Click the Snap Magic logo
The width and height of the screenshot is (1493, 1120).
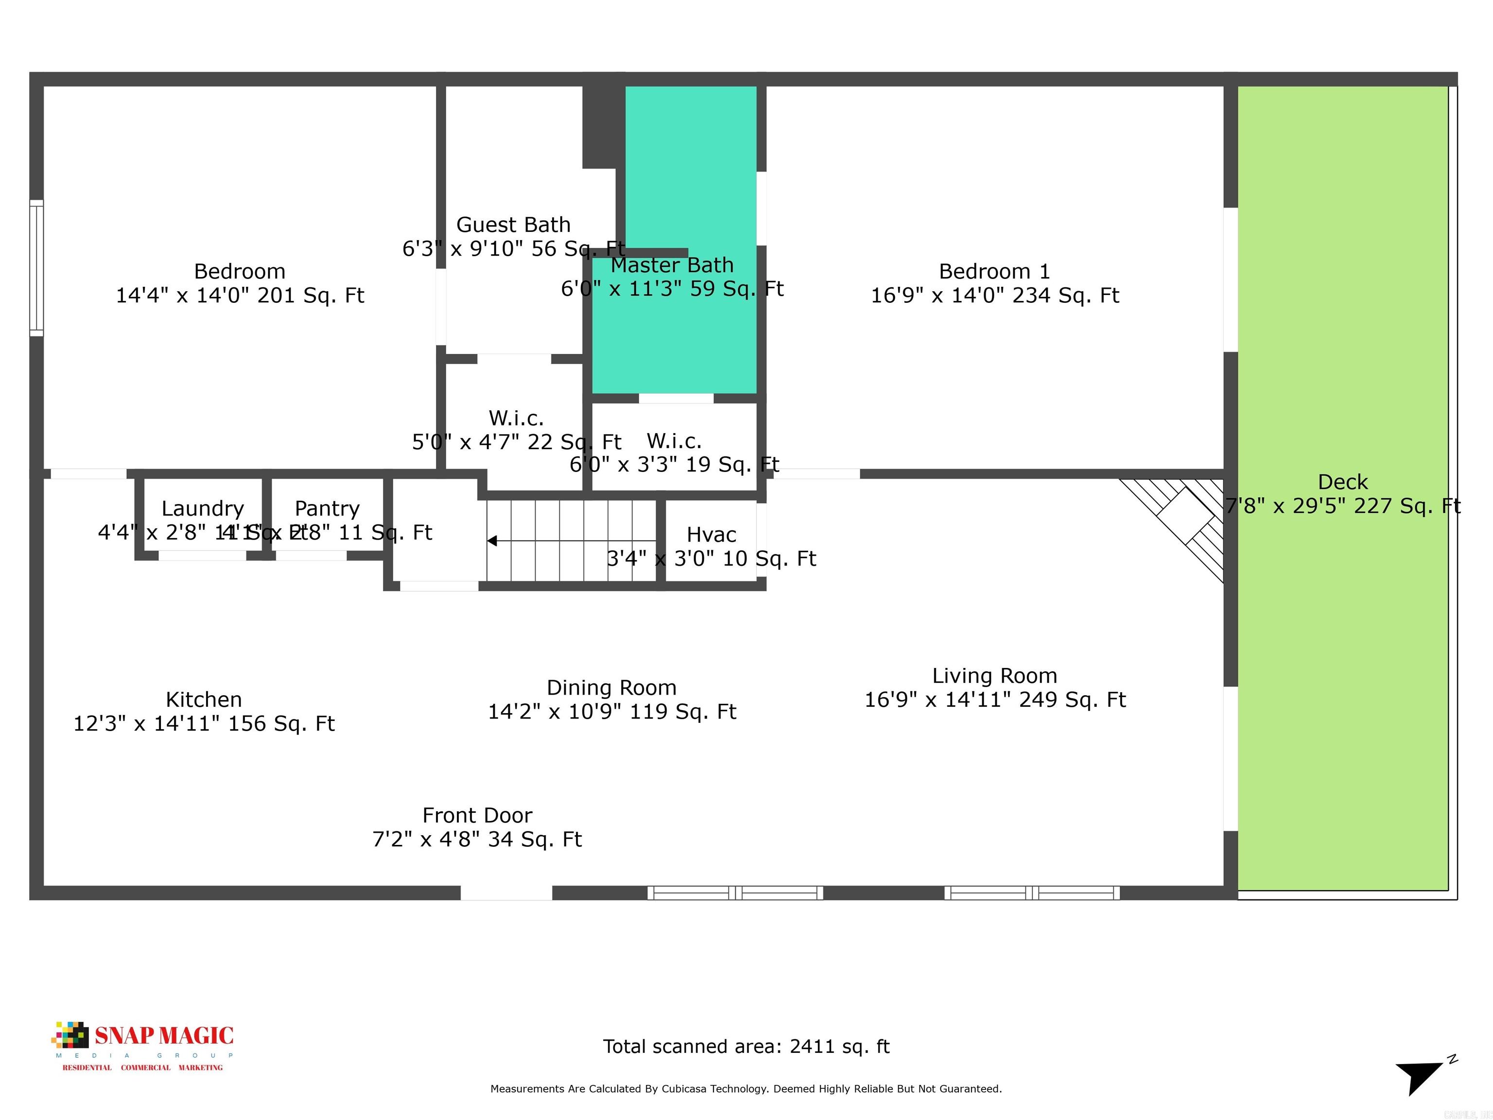click(143, 1046)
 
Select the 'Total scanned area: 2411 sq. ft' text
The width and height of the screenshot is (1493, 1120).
click(746, 1047)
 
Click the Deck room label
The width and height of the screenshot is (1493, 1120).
click(1342, 482)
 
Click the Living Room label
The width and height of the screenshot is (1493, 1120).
click(994, 676)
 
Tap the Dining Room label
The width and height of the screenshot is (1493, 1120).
click(611, 687)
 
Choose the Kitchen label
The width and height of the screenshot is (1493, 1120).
click(203, 700)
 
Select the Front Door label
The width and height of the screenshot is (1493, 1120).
click(477, 816)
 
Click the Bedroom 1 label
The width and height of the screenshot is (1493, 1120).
click(994, 271)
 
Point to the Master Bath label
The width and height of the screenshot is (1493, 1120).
click(672, 265)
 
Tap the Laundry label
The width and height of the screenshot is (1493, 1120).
click(203, 508)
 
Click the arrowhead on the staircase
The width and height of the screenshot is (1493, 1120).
click(492, 541)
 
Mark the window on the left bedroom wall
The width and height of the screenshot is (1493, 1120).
click(36, 268)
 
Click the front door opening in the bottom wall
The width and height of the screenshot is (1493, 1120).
click(506, 892)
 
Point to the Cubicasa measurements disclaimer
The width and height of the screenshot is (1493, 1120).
click(746, 1088)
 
